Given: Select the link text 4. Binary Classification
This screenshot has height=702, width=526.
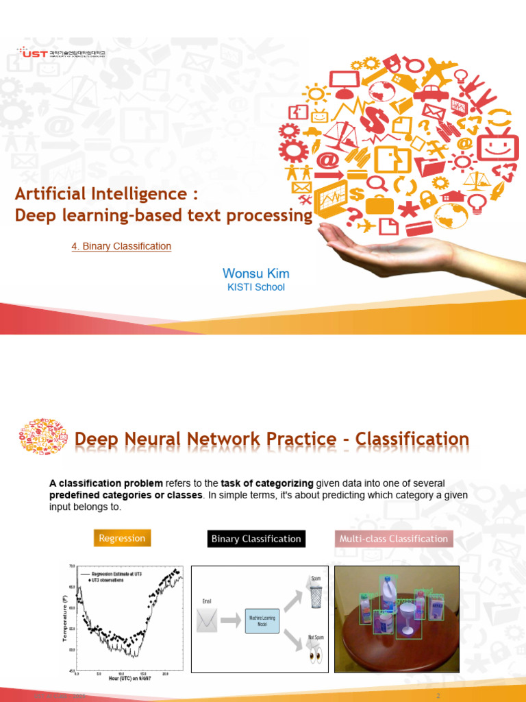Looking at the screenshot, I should coord(121,246).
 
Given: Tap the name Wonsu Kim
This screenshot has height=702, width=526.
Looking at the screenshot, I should coord(255,274).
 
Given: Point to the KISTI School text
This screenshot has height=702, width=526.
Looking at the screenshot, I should coord(255,287).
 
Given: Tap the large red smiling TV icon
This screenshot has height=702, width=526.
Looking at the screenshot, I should coord(497,145).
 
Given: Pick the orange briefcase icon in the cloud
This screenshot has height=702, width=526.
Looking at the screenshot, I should coord(379,203).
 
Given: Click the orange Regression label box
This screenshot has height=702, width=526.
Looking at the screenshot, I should coord(122,538).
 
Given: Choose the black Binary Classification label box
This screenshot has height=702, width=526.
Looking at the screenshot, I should coord(256,539).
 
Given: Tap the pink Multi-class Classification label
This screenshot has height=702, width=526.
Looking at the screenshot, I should coord(394,539).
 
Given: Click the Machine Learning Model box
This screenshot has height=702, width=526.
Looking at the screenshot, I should coord(262,621).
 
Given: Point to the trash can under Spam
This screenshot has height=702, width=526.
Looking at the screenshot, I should coord(316,596).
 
